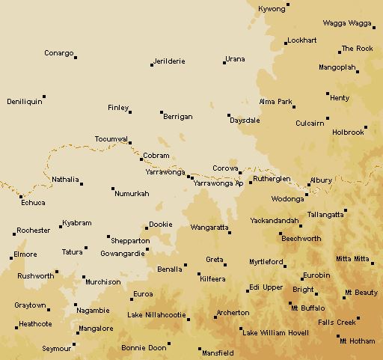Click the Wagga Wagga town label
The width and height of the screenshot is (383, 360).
click(346, 23)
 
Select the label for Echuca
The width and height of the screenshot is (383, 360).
click(33, 203)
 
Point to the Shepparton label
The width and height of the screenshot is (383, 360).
click(130, 241)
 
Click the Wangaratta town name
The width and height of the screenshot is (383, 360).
click(209, 226)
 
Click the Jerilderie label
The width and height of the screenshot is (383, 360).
click(168, 61)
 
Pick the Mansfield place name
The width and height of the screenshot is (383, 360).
click(218, 352)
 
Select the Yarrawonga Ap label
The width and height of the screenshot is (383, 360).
click(218, 183)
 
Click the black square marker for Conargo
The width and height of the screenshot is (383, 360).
click(76, 57)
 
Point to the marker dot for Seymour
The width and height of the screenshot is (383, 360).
click(73, 346)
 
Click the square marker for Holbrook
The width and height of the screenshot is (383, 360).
click(366, 127)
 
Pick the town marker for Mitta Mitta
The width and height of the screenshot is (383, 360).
click(372, 263)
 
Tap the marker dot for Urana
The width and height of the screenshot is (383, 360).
click(224, 63)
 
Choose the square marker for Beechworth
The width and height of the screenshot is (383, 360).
click(281, 235)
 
